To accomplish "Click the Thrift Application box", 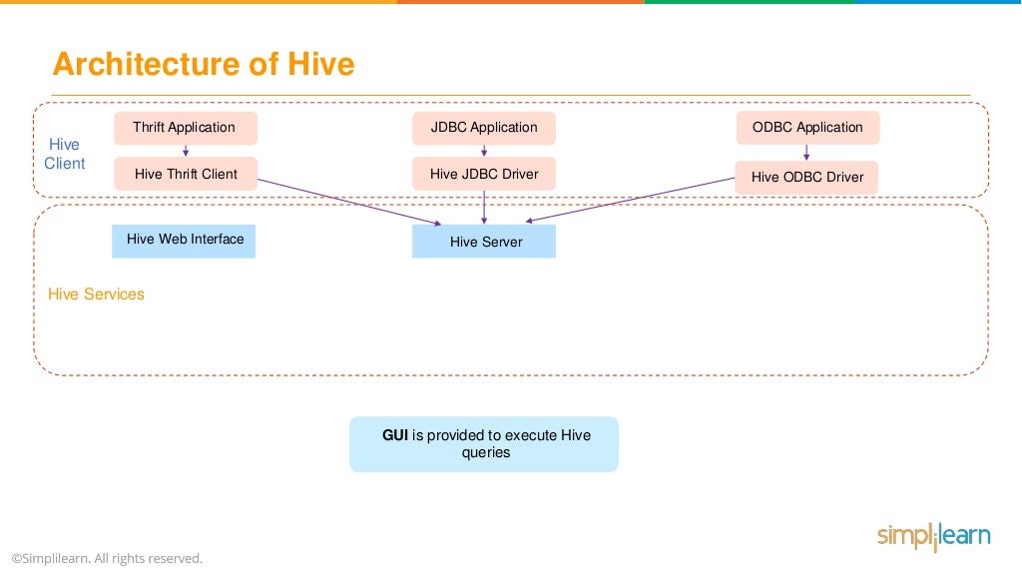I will pyautogui.click(x=185, y=128).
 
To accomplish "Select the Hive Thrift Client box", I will pyautogui.click(x=186, y=174).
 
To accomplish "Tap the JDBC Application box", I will pyautogui.click(x=484, y=128).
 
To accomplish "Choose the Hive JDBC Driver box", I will pyautogui.click(x=484, y=174).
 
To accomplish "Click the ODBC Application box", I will pyautogui.click(x=807, y=128).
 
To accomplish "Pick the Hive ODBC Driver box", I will pyautogui.click(x=806, y=178).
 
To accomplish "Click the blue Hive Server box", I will pyautogui.click(x=484, y=242).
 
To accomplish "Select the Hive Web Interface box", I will pyautogui.click(x=184, y=241).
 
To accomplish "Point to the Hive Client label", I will pyautogui.click(x=65, y=154).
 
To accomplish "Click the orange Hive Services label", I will pyautogui.click(x=96, y=294).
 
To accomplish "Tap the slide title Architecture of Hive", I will pyautogui.click(x=204, y=64).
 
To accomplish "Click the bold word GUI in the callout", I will pyautogui.click(x=395, y=435).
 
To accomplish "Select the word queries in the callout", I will pyautogui.click(x=485, y=452).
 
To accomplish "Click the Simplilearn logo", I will pyautogui.click(x=933, y=536).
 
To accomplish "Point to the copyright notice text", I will pyautogui.click(x=107, y=558).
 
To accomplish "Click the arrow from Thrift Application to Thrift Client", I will pyautogui.click(x=186, y=151).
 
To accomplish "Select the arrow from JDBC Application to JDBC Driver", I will pyautogui.click(x=484, y=151).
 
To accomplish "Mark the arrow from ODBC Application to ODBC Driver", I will pyautogui.click(x=806, y=153).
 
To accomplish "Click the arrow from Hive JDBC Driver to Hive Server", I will pyautogui.click(x=484, y=207).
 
